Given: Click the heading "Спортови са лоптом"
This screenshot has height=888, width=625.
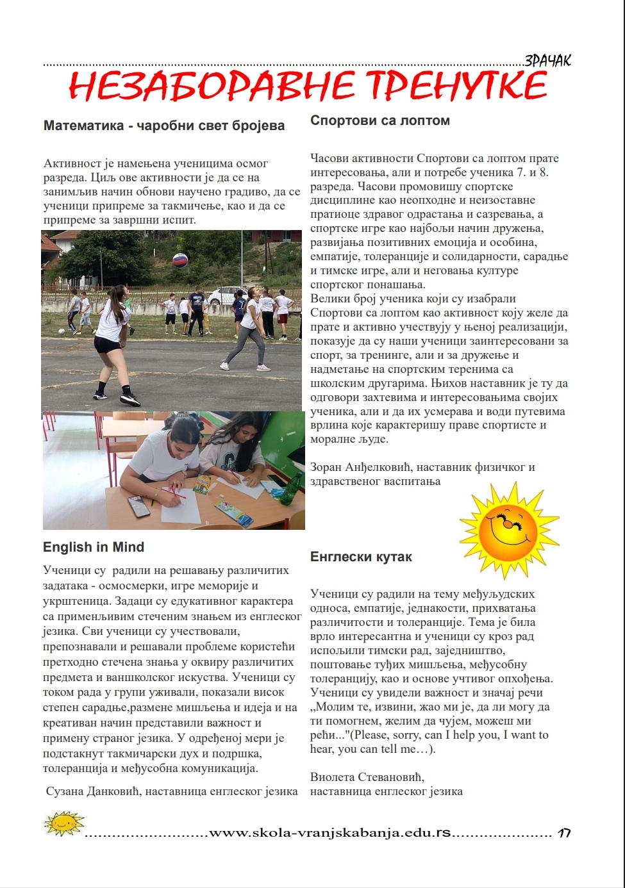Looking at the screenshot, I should coord(379,120).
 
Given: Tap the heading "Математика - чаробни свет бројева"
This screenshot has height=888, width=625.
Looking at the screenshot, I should coord(164,126).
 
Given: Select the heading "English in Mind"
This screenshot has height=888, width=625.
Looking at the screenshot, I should coord(94,547).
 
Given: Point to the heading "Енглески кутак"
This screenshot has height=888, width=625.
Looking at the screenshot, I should coord(361,557).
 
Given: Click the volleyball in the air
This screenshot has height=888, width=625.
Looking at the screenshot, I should coord(181,260).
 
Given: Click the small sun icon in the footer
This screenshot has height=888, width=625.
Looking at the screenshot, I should coord(64,823).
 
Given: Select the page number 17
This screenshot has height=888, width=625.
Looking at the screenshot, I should coord(564,834).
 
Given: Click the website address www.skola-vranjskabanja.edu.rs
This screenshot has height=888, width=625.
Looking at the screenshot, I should coord(330,833).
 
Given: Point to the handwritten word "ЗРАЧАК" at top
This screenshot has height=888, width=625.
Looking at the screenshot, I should coord(547,61).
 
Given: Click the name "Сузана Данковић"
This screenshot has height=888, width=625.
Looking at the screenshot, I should coord(94,791).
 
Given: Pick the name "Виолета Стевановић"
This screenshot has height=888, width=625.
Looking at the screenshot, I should coord(367,777).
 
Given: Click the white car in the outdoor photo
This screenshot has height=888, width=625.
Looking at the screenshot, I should coord(224,296).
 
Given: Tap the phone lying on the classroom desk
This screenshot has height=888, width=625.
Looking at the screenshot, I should coord(139,506).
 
